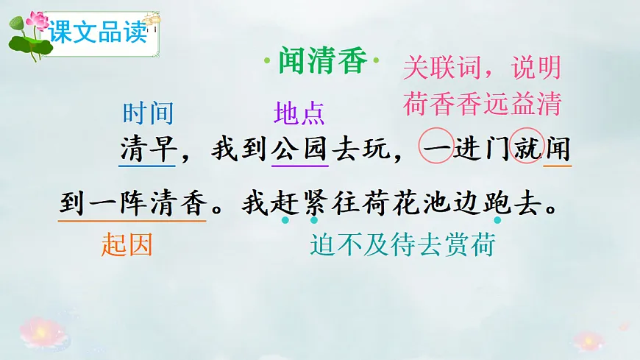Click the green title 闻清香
point(321,61)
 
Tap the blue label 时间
point(148,113)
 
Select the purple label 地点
point(299,113)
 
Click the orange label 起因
point(127,245)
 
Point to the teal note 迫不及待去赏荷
point(402,245)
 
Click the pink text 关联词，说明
point(481,70)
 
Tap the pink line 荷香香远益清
point(481,104)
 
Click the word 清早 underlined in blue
point(148,150)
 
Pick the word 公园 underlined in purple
point(299,150)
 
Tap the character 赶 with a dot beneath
point(284,202)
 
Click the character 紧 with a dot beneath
point(314,202)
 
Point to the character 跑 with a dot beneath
point(497,202)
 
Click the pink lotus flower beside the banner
point(35,21)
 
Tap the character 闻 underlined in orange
point(558,150)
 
